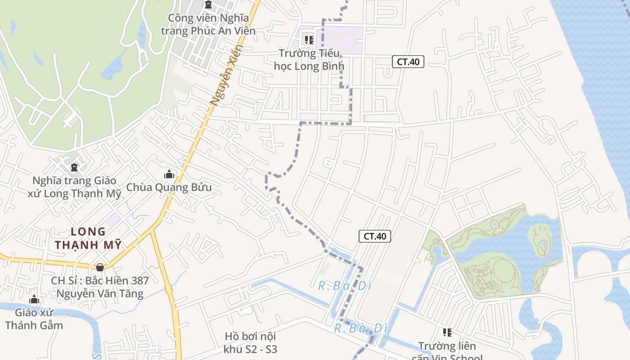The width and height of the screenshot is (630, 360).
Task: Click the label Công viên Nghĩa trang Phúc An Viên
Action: (208, 24)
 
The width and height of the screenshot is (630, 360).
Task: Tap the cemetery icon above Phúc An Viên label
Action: (208, 4)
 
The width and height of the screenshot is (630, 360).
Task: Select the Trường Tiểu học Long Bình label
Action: (309, 59)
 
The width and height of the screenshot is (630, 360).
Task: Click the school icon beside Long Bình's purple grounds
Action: (309, 40)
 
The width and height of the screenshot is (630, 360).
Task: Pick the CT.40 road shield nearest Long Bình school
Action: (408, 62)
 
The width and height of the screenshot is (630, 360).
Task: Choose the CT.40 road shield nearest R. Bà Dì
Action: (374, 236)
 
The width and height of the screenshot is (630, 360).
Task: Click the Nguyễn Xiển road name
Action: (226, 75)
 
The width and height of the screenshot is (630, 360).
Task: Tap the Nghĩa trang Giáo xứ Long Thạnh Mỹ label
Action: (74, 187)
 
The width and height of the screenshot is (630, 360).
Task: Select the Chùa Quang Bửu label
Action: (169, 187)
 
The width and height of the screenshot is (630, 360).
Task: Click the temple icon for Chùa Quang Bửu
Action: (169, 174)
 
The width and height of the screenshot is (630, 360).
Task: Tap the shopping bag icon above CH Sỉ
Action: (100, 267)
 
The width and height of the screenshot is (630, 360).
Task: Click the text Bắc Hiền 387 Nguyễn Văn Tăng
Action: (100, 287)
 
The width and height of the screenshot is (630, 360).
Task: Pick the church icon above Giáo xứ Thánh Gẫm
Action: (34, 300)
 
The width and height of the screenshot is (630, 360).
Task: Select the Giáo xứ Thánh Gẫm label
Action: (34, 319)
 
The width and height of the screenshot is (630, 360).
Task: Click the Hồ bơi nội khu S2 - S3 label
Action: (250, 342)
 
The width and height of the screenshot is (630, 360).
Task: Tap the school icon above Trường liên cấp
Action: (447, 333)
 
